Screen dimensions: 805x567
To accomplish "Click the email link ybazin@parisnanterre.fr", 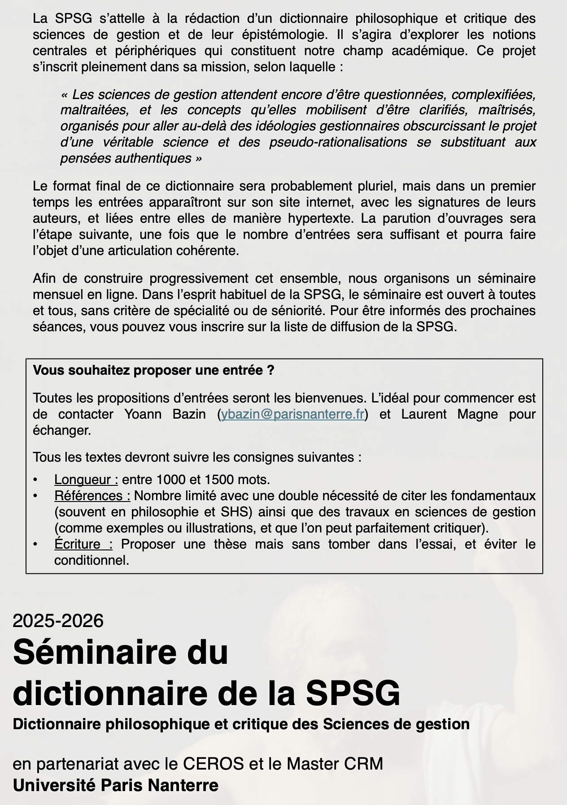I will tap(292, 414).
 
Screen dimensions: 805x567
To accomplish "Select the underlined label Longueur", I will tap(86, 480).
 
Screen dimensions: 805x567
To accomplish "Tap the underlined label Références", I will tap(92, 496).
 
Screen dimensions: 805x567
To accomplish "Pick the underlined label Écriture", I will tap(83, 544).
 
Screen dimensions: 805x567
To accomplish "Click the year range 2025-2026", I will tap(58, 621).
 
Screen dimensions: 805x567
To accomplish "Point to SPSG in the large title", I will tap(353, 693).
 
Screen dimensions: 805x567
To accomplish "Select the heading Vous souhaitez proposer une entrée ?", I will tap(153, 371).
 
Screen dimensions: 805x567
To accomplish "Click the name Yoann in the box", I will tap(143, 414).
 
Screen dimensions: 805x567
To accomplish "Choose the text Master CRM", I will tap(335, 763).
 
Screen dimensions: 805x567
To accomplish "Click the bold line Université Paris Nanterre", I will tap(116, 785).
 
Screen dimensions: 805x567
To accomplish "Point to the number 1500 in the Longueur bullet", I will tap(219, 480).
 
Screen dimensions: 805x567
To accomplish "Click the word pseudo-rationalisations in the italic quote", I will tap(338, 142).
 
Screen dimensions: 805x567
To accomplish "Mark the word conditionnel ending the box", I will tap(92, 560).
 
